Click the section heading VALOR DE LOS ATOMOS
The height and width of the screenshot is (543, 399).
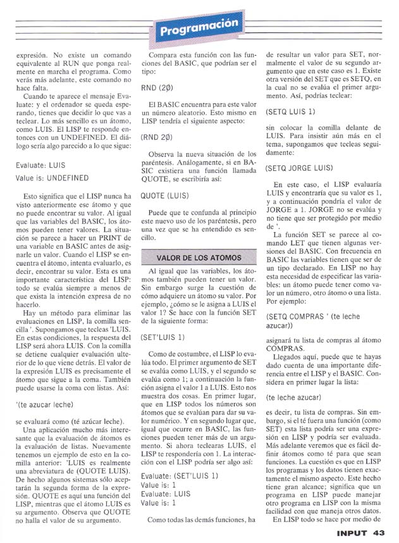click(x=199, y=258)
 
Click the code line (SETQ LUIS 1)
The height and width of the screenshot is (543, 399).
click(x=291, y=112)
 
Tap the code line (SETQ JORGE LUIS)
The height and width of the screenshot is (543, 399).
click(x=299, y=168)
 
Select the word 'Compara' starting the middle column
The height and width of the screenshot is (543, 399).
click(x=163, y=56)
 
